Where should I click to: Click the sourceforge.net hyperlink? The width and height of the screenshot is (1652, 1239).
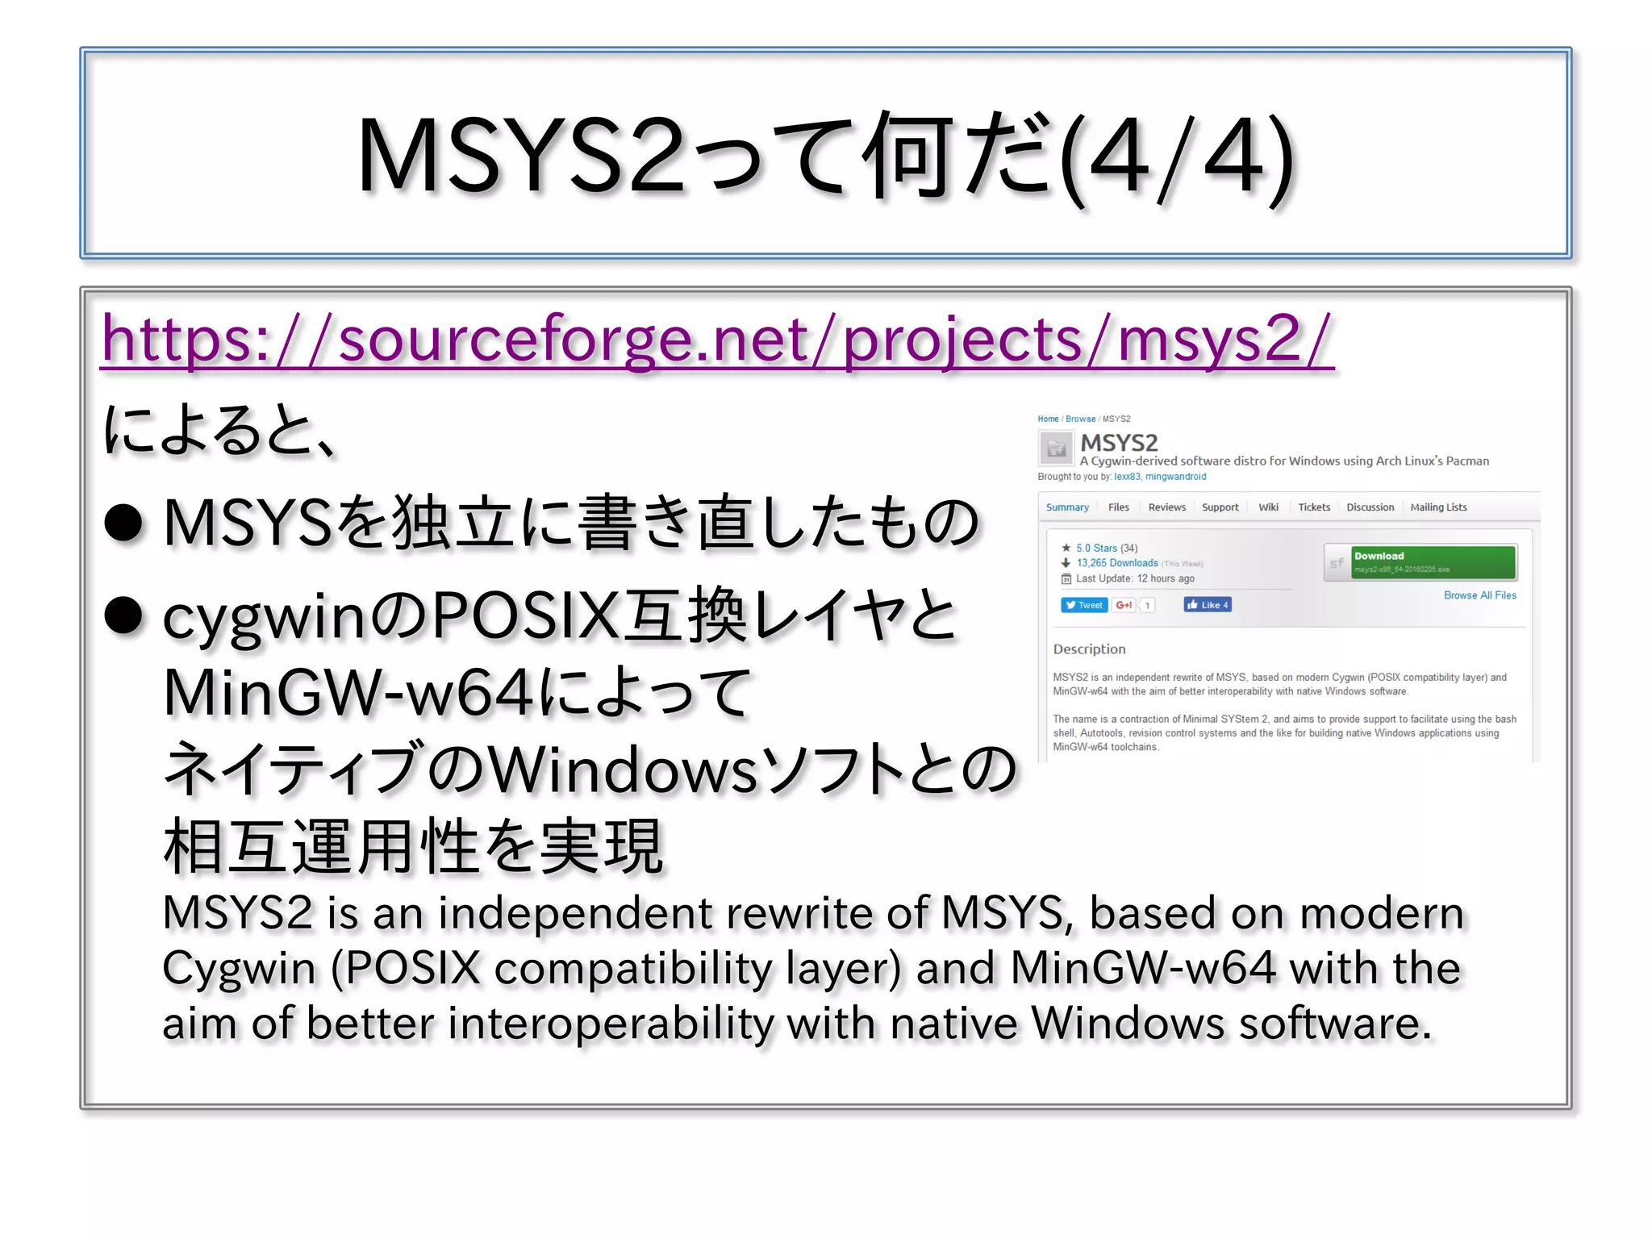[716, 340]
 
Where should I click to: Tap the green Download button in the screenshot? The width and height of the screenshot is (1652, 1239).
[1433, 562]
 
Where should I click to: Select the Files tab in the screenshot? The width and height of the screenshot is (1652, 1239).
[1118, 507]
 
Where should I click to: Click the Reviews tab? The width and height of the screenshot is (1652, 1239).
[1166, 507]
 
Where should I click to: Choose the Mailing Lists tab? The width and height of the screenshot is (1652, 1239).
[1438, 507]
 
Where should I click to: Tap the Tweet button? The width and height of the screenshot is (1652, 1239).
[1083, 605]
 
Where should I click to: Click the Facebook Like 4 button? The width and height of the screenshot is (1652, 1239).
[1207, 605]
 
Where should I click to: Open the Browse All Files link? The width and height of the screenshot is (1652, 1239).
[1479, 595]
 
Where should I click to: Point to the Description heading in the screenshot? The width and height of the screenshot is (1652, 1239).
[1089, 649]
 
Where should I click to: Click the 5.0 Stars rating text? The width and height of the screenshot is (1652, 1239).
[1096, 548]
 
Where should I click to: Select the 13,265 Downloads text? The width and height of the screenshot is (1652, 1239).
[1116, 563]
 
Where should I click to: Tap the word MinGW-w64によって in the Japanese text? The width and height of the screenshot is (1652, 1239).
[457, 692]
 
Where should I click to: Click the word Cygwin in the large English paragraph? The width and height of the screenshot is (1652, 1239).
[239, 968]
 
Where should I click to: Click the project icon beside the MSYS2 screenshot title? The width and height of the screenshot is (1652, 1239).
[1055, 448]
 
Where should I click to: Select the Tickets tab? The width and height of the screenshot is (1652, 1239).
[1313, 507]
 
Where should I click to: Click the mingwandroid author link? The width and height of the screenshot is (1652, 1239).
[1175, 477]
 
